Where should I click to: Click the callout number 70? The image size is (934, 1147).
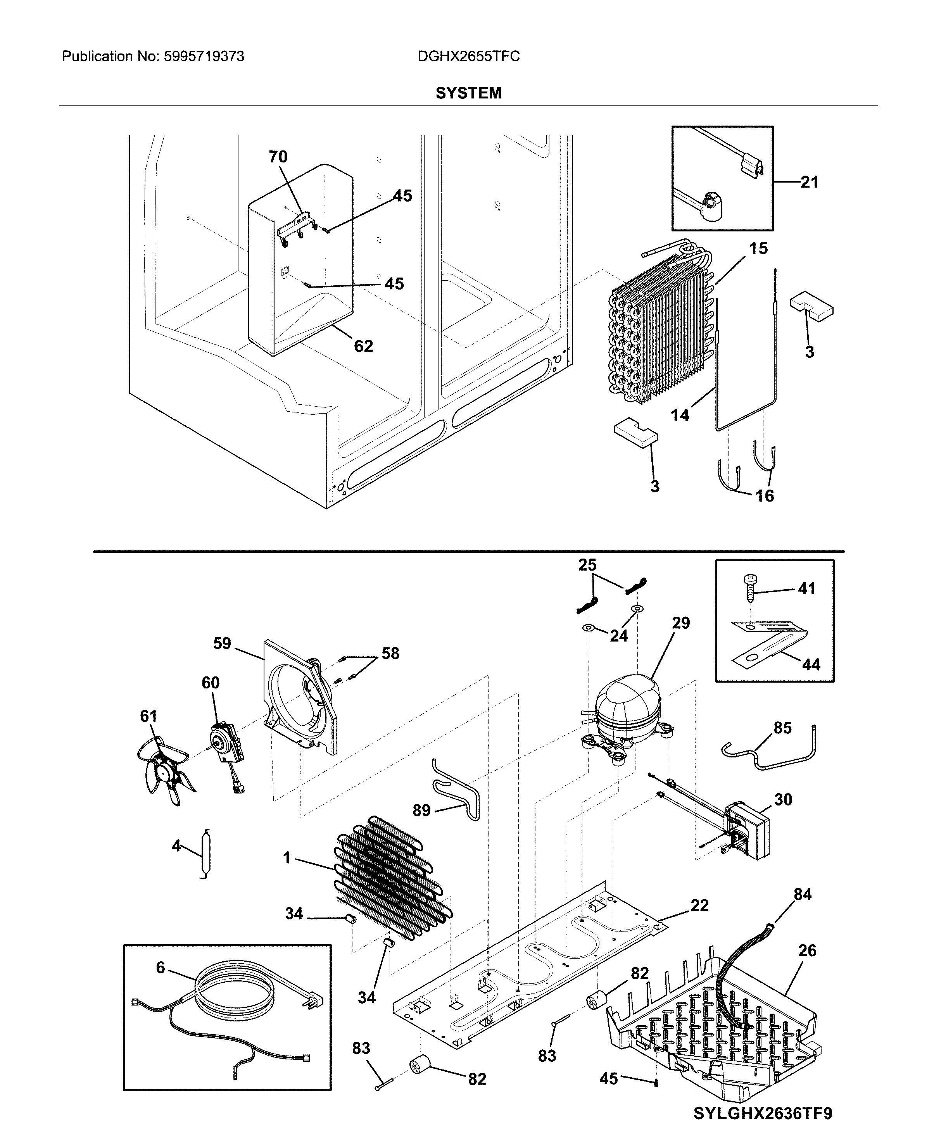(x=278, y=157)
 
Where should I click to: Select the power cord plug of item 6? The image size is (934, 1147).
(x=315, y=1000)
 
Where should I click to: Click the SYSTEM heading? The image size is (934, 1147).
(x=468, y=93)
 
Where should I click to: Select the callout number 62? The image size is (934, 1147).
(x=363, y=346)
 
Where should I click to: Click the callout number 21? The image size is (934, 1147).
(x=809, y=182)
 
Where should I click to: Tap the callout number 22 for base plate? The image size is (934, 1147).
(x=699, y=906)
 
